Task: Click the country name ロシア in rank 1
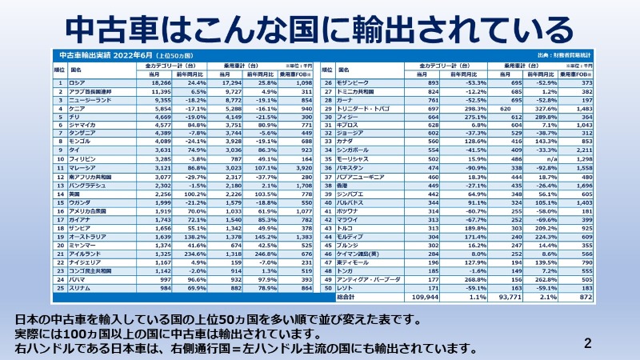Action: pos(78,83)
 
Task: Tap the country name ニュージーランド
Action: pos(90,99)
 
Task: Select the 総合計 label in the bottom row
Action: pos(348,298)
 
